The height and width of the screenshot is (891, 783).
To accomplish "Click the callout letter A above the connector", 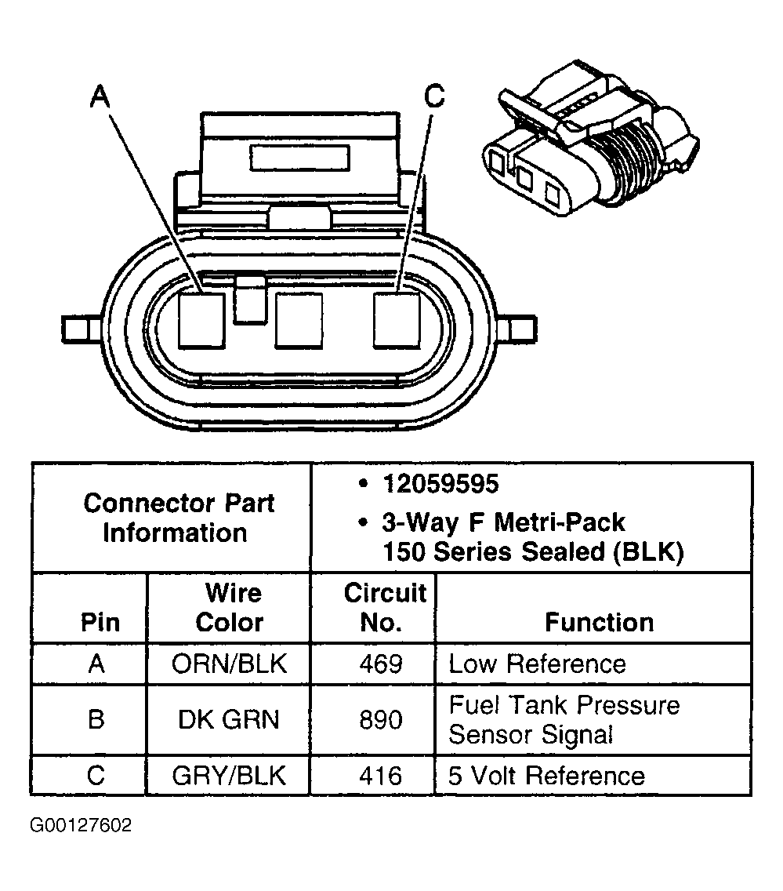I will pyautogui.click(x=100, y=96).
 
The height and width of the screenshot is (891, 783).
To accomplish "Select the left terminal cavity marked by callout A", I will pyautogui.click(x=202, y=320).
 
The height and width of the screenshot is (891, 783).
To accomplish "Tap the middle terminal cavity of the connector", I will pyautogui.click(x=299, y=320).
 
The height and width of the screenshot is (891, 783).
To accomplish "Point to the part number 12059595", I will pyautogui.click(x=440, y=484).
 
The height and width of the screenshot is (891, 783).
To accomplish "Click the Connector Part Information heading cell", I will pyautogui.click(x=179, y=518).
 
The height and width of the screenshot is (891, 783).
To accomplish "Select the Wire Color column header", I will pyautogui.click(x=229, y=608).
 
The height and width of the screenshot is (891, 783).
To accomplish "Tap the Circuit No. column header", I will pyautogui.click(x=384, y=608).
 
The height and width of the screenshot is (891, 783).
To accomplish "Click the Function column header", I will pyautogui.click(x=599, y=622).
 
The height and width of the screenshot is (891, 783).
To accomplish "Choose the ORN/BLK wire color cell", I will pyautogui.click(x=229, y=664).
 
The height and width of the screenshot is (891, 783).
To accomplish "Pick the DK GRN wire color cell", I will pyautogui.click(x=229, y=719).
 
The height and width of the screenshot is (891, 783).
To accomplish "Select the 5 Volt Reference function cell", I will pyautogui.click(x=546, y=776).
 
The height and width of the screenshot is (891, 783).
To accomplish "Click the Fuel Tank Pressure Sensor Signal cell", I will pyautogui.click(x=564, y=719).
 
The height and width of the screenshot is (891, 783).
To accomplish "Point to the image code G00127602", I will pyautogui.click(x=82, y=825).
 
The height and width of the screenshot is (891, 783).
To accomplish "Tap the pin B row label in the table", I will pyautogui.click(x=96, y=719).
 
